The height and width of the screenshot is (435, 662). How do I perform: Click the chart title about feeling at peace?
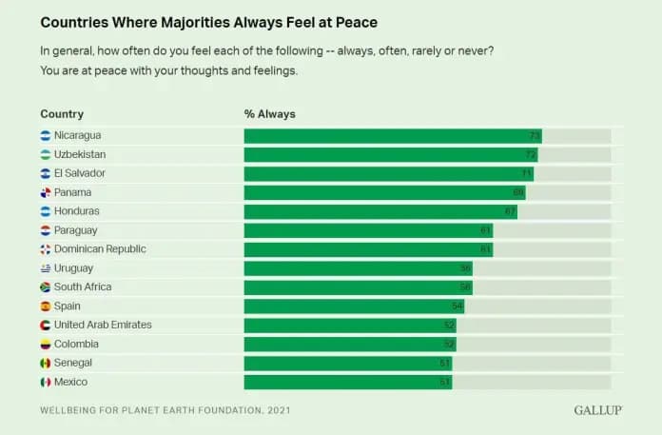click(x=208, y=21)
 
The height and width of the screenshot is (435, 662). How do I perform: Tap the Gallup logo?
click(x=598, y=410)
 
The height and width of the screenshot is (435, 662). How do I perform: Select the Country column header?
click(x=62, y=114)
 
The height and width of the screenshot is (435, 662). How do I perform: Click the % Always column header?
click(x=270, y=114)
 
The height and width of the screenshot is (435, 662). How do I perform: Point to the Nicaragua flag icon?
click(x=45, y=135)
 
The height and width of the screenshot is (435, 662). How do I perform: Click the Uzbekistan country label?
click(x=80, y=154)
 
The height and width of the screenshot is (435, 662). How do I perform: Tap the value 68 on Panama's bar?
click(x=518, y=192)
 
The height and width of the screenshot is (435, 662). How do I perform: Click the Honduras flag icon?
click(x=45, y=211)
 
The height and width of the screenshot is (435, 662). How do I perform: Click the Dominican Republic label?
click(x=100, y=249)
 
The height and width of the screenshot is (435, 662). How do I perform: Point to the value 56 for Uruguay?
click(x=465, y=268)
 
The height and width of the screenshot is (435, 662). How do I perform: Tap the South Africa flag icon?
click(x=45, y=287)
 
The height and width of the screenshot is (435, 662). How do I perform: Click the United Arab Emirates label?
click(x=103, y=326)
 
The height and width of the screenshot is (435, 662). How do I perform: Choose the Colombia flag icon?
click(x=45, y=345)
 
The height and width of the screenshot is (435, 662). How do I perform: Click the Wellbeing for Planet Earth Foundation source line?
click(x=165, y=410)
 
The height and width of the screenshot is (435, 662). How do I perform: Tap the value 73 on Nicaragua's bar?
click(x=535, y=135)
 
